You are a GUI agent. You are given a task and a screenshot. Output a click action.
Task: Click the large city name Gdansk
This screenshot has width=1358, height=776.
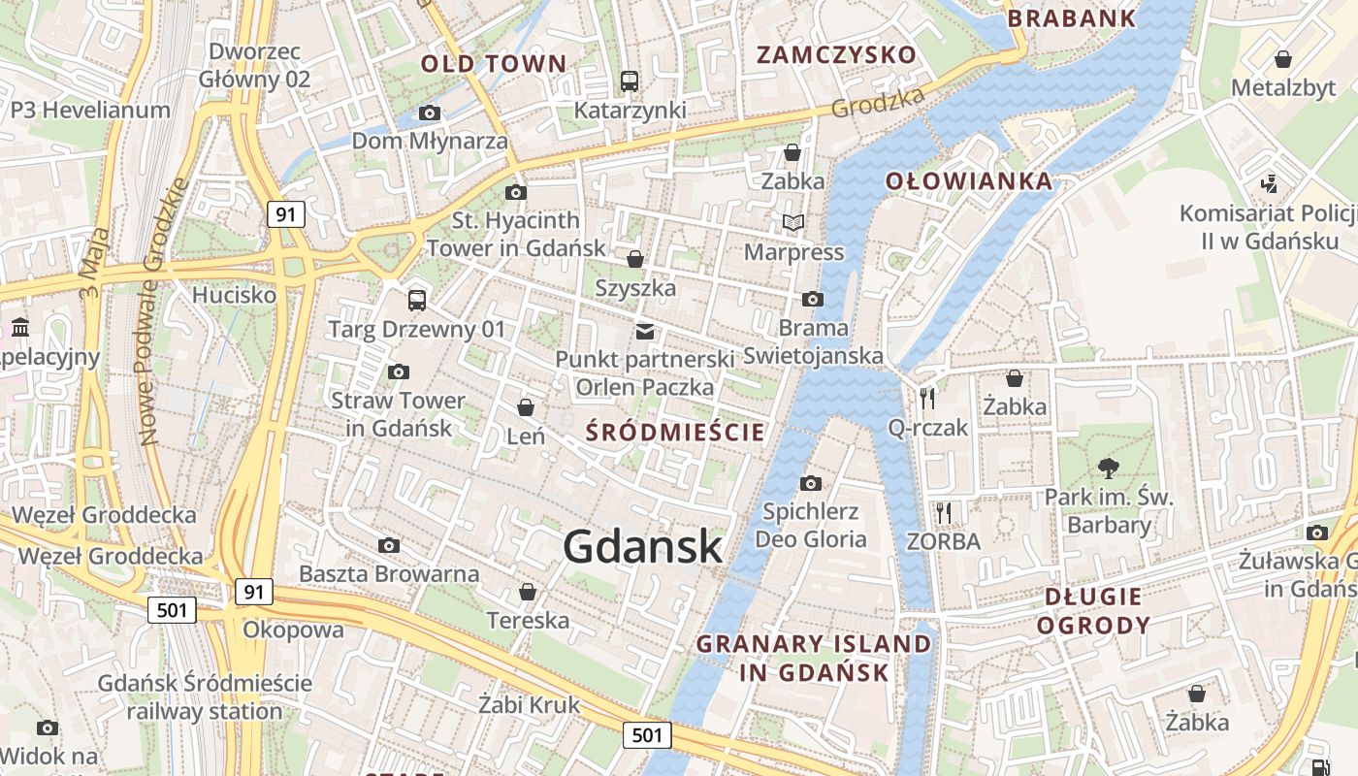pos(642,546)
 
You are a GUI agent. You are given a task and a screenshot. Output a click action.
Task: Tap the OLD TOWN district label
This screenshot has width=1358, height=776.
pos(494,64)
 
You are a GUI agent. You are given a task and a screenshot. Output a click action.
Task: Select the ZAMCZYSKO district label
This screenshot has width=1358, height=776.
pos(836,54)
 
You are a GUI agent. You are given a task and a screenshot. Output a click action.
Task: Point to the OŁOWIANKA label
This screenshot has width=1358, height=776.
pos(968,180)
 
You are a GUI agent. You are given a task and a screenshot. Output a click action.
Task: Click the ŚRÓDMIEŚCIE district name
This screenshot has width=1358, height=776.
pos(676,433)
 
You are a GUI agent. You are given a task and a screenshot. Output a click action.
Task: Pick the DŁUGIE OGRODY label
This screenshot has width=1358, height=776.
pos(1093,610)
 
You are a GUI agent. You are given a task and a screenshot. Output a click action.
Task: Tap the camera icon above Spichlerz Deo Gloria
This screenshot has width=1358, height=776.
pos(811,483)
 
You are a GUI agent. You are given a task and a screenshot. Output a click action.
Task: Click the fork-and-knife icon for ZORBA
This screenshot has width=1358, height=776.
pos(944,512)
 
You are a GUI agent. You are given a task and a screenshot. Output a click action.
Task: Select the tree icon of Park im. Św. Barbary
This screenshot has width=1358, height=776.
pos(1109,469)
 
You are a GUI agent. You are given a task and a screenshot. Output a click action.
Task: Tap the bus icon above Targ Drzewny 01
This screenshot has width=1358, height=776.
pos(417,300)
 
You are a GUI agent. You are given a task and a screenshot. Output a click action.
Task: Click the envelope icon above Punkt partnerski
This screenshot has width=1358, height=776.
pos(645,332)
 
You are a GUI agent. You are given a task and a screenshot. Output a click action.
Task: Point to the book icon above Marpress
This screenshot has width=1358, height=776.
pos(793,223)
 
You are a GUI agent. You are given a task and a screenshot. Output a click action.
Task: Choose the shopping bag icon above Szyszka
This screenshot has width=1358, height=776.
pos(635,259)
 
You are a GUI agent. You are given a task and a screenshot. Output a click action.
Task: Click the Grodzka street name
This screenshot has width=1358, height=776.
pos(879,103)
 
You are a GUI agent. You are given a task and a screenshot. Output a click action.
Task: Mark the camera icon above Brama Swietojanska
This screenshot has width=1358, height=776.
pos(813,299)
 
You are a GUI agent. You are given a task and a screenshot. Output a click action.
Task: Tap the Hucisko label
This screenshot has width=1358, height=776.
pos(234,294)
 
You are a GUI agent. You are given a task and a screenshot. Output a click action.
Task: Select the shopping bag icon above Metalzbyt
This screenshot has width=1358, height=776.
pos(1283,59)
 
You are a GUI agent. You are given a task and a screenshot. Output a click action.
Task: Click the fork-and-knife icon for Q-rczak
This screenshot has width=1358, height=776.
pos(927,397)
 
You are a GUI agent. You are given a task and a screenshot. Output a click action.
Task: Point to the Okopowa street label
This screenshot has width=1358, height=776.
pos(293,630)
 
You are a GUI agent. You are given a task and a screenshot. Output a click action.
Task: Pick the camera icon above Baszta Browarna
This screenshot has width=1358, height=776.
pos(389,545)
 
